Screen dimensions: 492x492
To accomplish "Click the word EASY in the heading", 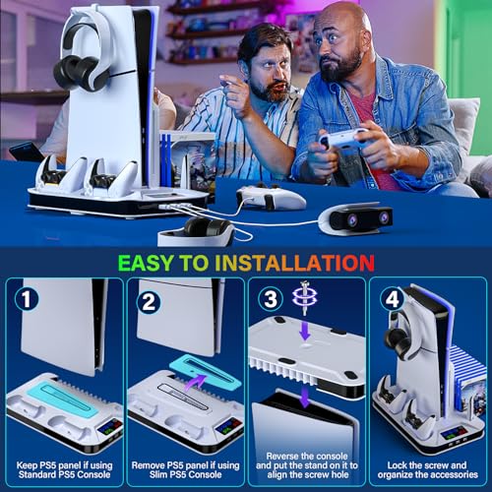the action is point(146,263).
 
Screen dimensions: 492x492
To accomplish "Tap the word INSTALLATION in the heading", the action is point(295,263).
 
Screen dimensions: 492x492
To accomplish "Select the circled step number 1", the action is point(27,299).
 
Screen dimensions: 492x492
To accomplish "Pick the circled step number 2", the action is point(149,302).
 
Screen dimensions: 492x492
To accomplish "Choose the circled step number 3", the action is point(271,299).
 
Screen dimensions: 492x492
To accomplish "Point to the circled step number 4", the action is point(393,299).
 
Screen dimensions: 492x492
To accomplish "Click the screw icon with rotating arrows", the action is point(305,297).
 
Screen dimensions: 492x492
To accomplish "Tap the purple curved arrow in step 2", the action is point(196,382).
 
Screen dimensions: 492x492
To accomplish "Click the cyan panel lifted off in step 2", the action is point(206,374).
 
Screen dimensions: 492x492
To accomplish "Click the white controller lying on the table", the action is point(271,198).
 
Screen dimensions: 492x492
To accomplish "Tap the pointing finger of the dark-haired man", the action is point(226,82).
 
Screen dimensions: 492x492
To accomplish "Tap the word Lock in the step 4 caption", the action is point(398,465).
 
